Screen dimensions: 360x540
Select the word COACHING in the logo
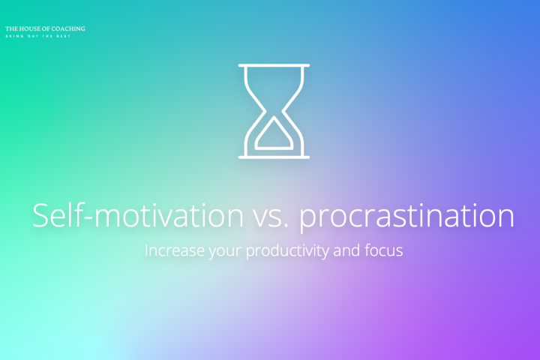68,28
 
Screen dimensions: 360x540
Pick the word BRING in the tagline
13,35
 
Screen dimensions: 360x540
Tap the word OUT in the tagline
33,35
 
